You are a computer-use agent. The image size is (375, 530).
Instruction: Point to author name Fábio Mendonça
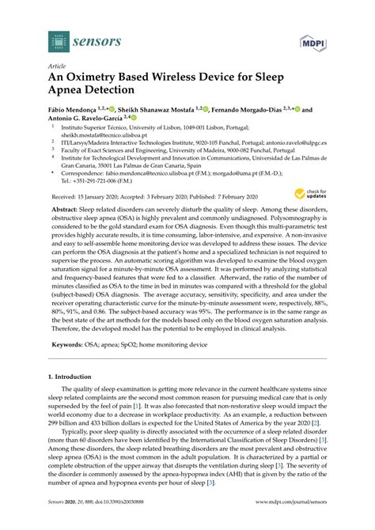(77, 111)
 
